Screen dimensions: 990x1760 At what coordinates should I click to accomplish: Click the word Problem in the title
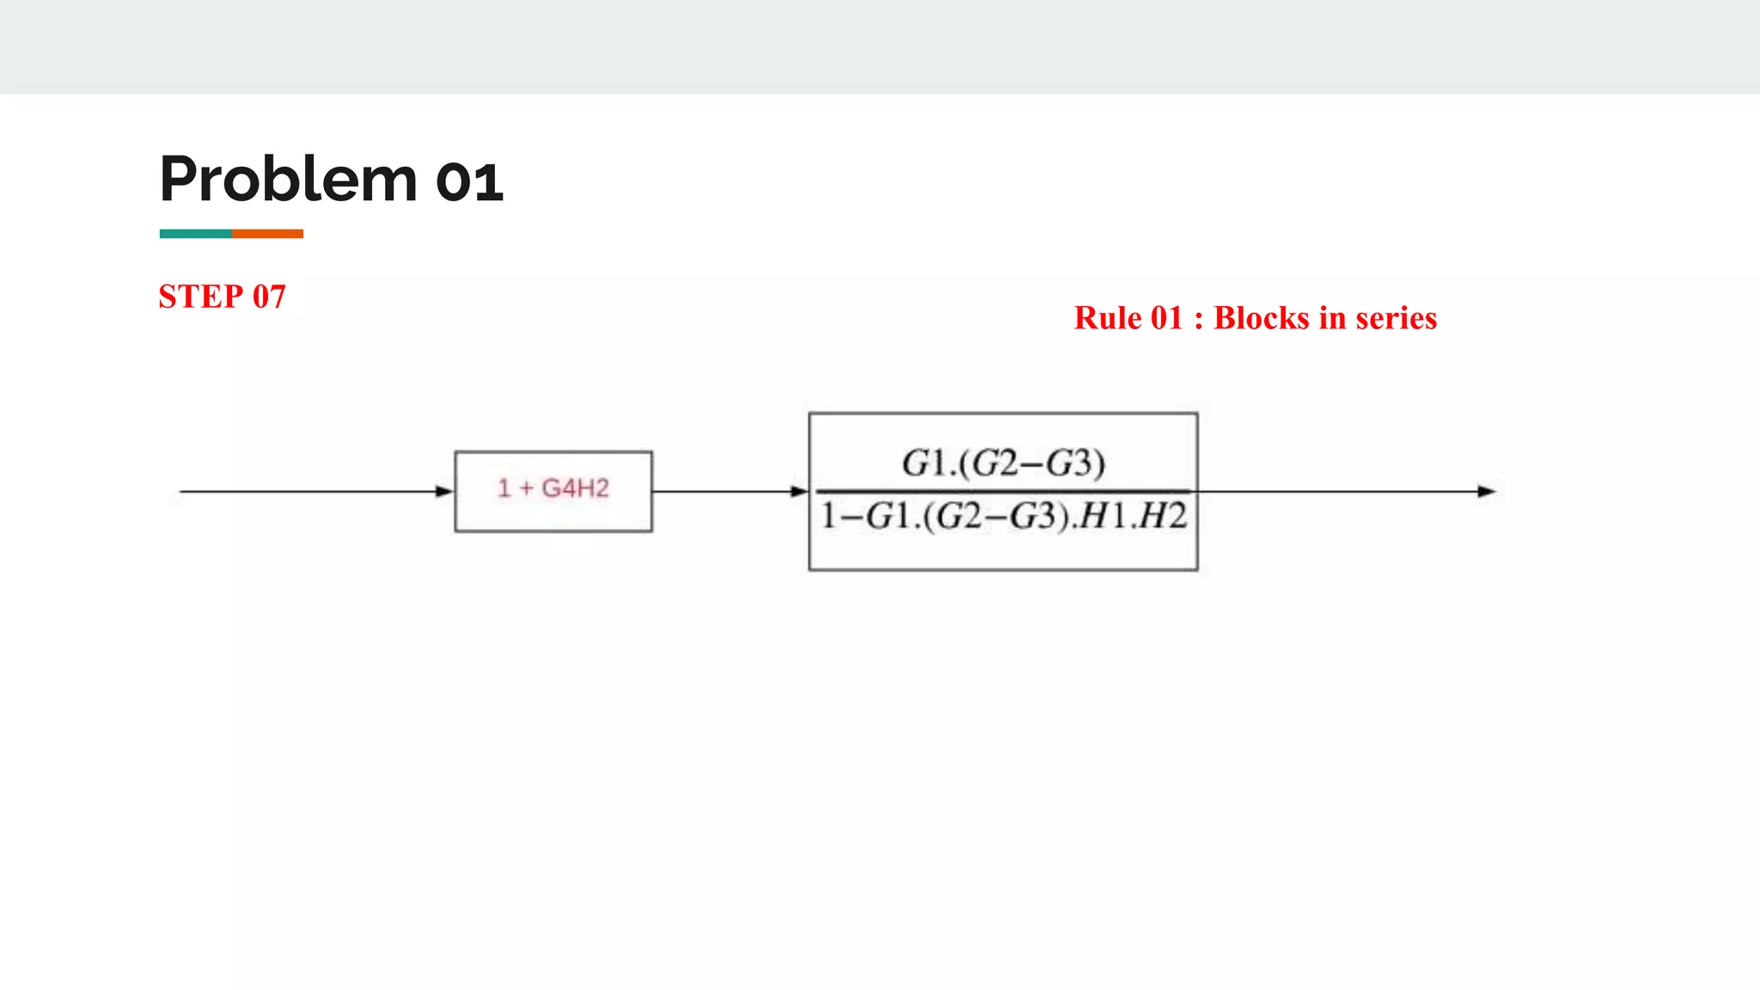point(288,180)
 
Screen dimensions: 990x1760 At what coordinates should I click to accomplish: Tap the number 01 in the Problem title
point(469,182)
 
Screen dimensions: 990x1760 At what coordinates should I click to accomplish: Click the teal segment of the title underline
point(195,234)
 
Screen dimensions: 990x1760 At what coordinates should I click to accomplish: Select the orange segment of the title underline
point(267,234)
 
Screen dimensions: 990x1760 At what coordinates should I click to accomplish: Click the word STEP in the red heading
point(201,296)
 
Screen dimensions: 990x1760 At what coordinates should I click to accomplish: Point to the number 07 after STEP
point(269,296)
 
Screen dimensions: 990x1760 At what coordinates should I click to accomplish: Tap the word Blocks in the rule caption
point(1261,318)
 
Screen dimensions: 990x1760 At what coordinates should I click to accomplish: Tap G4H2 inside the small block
point(575,488)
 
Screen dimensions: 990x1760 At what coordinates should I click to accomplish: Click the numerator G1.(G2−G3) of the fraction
point(1003,463)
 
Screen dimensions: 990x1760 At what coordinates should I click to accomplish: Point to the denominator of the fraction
point(1003,516)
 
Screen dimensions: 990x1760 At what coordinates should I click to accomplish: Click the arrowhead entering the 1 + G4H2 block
point(444,492)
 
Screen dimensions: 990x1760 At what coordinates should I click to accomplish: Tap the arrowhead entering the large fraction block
point(799,492)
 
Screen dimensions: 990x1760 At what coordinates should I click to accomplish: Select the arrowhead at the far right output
point(1486,492)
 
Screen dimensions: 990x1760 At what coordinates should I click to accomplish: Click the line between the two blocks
point(722,492)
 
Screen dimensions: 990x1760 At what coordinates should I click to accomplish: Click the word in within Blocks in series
point(1332,318)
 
